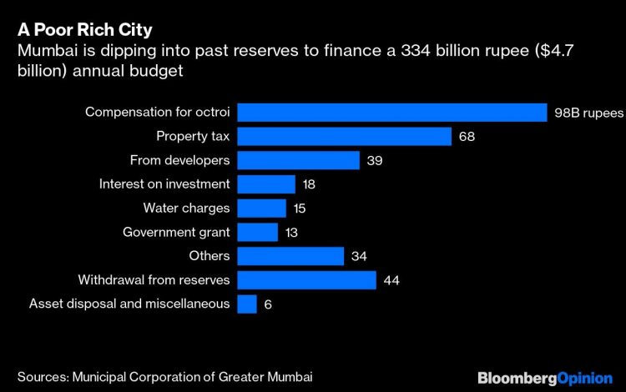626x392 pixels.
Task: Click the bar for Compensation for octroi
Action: pyautogui.click(x=391, y=113)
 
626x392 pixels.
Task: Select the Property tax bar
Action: pyautogui.click(x=344, y=137)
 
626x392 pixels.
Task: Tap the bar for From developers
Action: pyautogui.click(x=298, y=160)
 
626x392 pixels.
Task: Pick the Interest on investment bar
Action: pyautogui.click(x=266, y=184)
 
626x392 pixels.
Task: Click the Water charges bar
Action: pyautogui.click(x=261, y=209)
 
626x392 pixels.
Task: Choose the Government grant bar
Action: pyautogui.click(x=257, y=232)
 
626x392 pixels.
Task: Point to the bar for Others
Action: pyautogui.click(x=290, y=256)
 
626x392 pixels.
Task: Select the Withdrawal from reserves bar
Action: pyautogui.click(x=306, y=280)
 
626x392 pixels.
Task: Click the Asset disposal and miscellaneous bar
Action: pyautogui.click(x=247, y=304)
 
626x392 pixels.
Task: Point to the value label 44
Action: pyautogui.click(x=391, y=280)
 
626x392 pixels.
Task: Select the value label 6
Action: pyautogui.click(x=268, y=304)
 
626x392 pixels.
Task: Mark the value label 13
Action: pyautogui.click(x=292, y=232)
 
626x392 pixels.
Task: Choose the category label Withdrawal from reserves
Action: pyautogui.click(x=154, y=280)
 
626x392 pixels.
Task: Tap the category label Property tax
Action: pyautogui.click(x=193, y=137)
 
